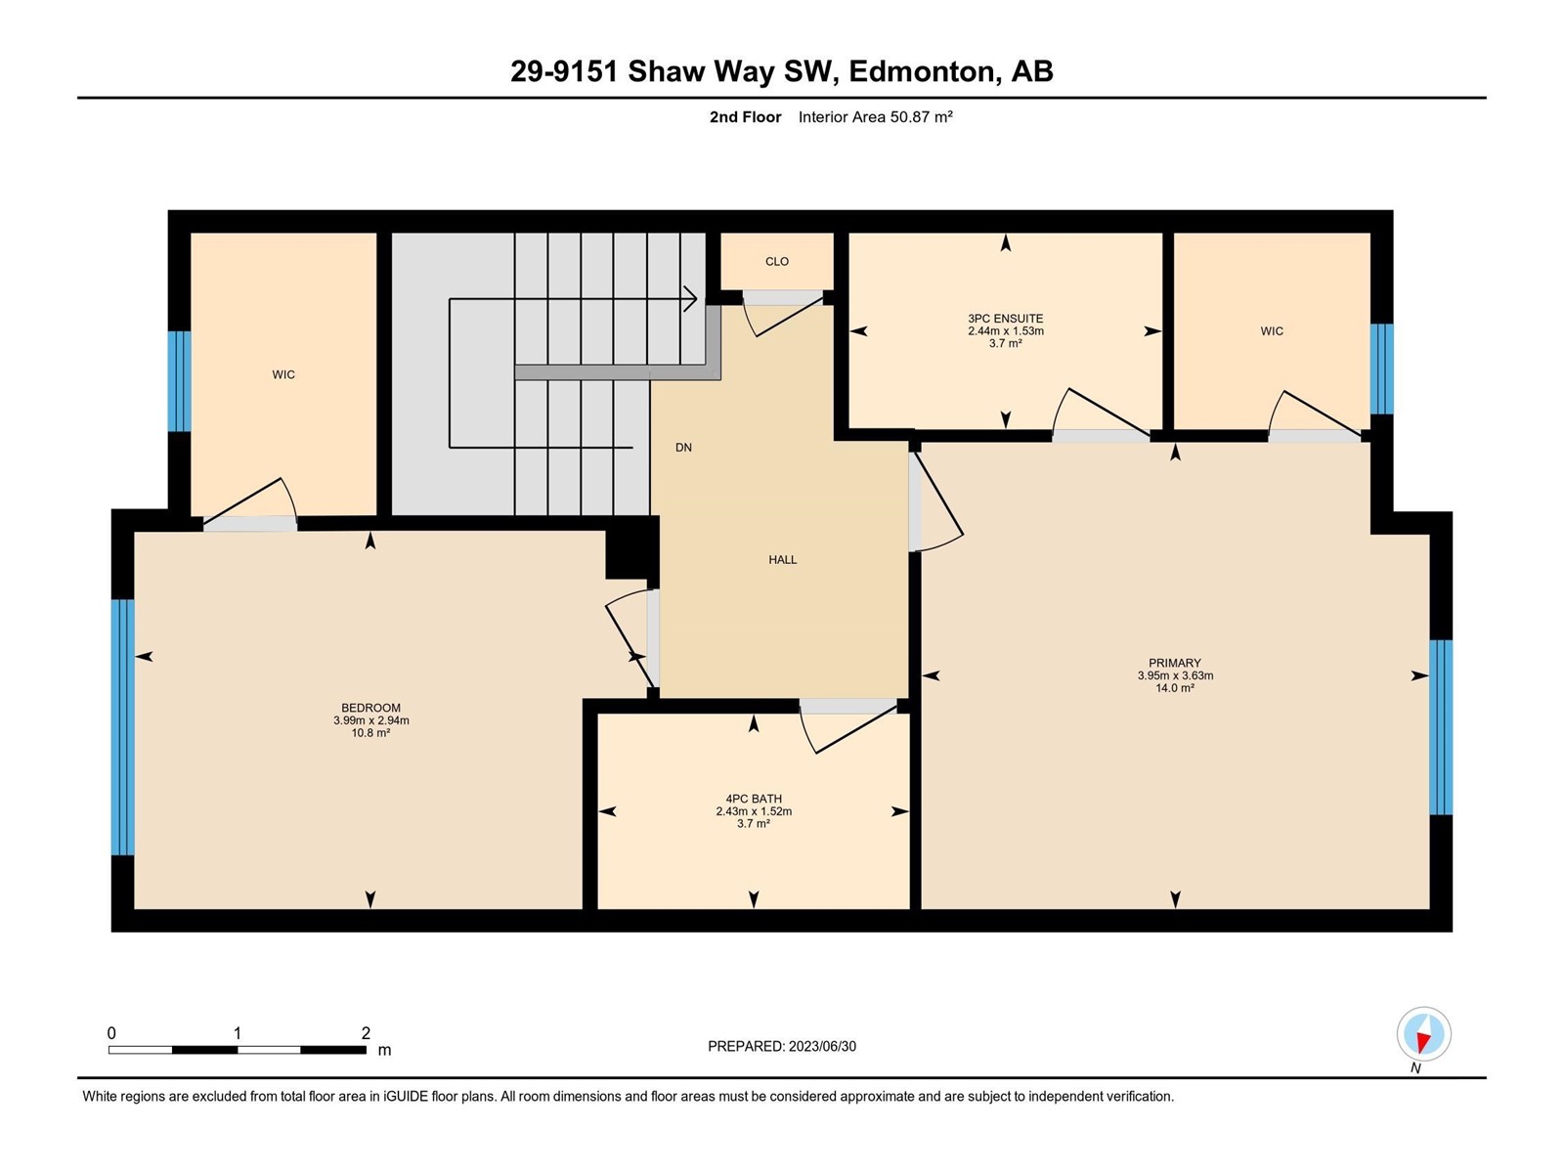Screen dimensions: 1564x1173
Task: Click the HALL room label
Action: [x=782, y=560]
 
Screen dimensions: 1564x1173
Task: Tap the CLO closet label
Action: [x=777, y=261]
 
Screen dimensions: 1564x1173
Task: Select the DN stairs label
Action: [x=683, y=448]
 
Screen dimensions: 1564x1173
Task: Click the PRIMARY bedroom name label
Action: [x=1174, y=663]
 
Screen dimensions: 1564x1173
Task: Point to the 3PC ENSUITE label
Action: [x=1006, y=319]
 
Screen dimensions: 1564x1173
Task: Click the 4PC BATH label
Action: [x=753, y=799]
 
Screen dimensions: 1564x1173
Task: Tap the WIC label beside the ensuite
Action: [x=1271, y=331]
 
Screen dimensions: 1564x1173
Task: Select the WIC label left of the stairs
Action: [x=282, y=374]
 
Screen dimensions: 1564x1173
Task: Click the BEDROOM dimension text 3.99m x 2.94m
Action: [x=370, y=720]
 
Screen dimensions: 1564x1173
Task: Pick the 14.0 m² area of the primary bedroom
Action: [x=1174, y=688]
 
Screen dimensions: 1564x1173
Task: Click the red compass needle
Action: [x=1422, y=1043]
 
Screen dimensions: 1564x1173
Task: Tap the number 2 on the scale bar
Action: [x=366, y=1032]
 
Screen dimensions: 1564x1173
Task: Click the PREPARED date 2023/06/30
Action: [x=821, y=1046]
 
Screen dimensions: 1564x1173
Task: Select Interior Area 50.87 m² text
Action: [x=875, y=116]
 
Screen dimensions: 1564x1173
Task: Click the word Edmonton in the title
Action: [x=922, y=71]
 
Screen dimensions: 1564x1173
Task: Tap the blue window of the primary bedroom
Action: [x=1440, y=727]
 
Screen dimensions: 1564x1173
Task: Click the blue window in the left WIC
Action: [x=179, y=381]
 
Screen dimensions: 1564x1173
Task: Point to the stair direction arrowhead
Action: [x=690, y=298]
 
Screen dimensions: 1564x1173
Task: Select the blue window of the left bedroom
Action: [x=122, y=727]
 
